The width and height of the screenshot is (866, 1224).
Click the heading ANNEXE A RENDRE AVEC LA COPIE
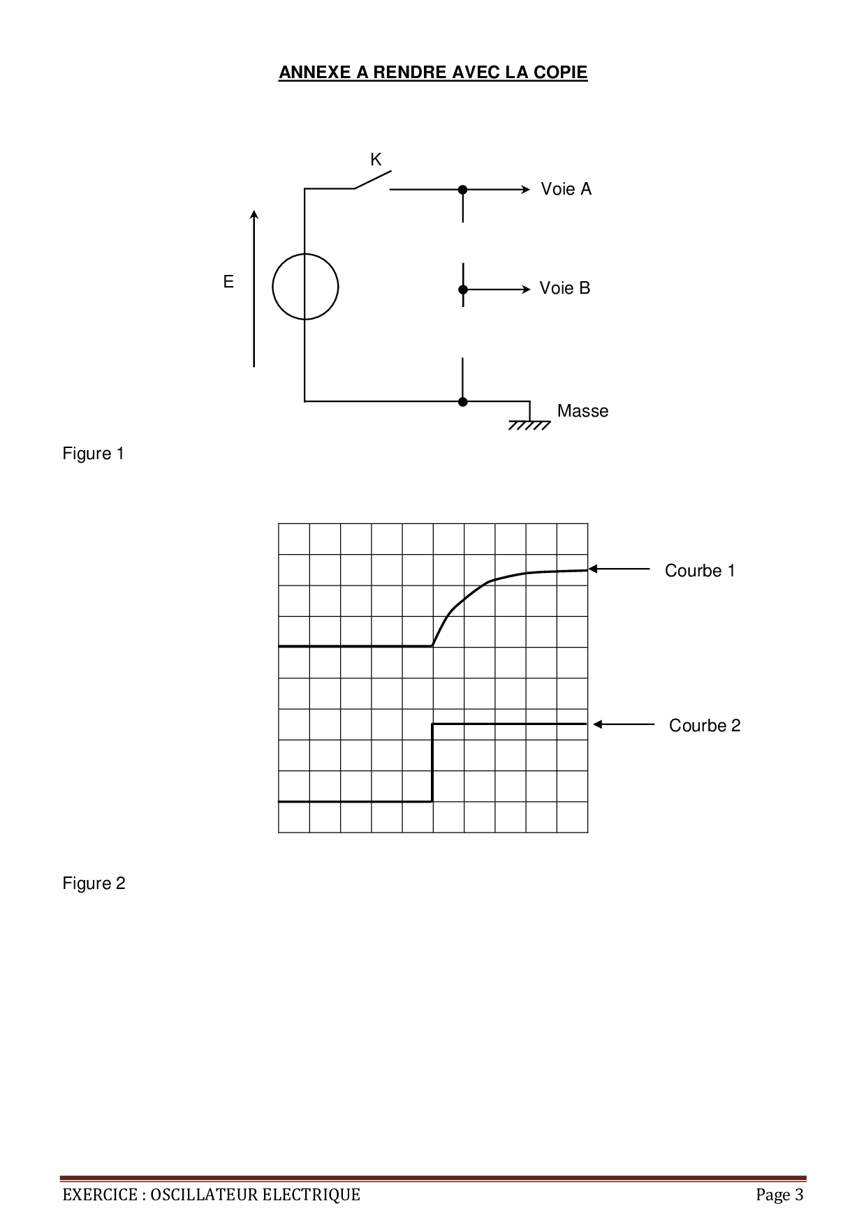(x=433, y=73)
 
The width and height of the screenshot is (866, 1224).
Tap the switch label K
(x=376, y=160)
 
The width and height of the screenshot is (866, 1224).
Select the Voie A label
(x=566, y=189)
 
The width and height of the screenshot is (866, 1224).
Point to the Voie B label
(x=565, y=288)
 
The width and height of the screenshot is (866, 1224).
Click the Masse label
(x=582, y=411)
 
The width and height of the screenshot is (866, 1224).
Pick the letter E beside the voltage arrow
(x=228, y=282)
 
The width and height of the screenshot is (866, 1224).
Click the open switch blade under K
(x=372, y=179)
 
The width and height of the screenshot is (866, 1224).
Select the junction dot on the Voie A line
(x=462, y=189)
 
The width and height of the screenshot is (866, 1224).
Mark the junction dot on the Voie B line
(x=462, y=290)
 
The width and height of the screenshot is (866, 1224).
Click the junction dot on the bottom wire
(x=462, y=401)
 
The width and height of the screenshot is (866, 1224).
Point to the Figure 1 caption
(x=94, y=454)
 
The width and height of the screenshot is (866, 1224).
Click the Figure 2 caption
(x=94, y=883)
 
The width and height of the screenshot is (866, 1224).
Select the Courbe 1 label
(x=700, y=571)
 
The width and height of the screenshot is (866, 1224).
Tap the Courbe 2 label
(x=705, y=726)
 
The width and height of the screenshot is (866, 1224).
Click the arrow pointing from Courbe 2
(x=624, y=724)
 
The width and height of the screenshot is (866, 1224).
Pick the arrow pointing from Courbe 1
(x=619, y=569)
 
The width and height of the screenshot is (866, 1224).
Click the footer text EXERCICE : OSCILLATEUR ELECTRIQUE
(x=212, y=1195)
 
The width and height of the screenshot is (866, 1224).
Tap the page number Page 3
(x=779, y=1195)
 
